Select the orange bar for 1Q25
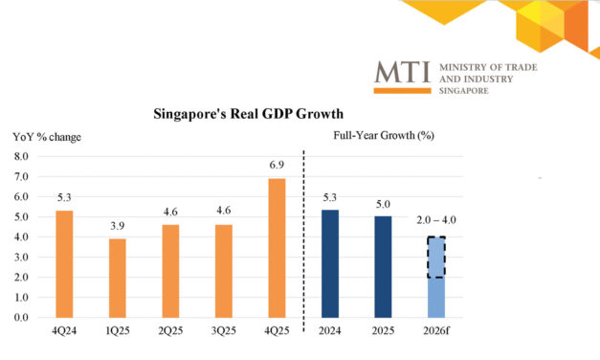[116, 278]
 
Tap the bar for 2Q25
[168, 271]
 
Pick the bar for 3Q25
[223, 271]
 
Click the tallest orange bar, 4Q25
[276, 247]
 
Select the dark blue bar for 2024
[330, 263]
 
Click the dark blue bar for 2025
[383, 266]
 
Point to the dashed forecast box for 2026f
[436, 257]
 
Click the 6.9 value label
[276, 168]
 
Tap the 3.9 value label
[116, 228]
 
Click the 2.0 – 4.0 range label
[437, 219]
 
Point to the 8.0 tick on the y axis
[21, 155]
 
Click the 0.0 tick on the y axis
[21, 317]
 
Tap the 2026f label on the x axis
[436, 333]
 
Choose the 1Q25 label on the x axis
[116, 333]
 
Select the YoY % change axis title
[46, 137]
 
